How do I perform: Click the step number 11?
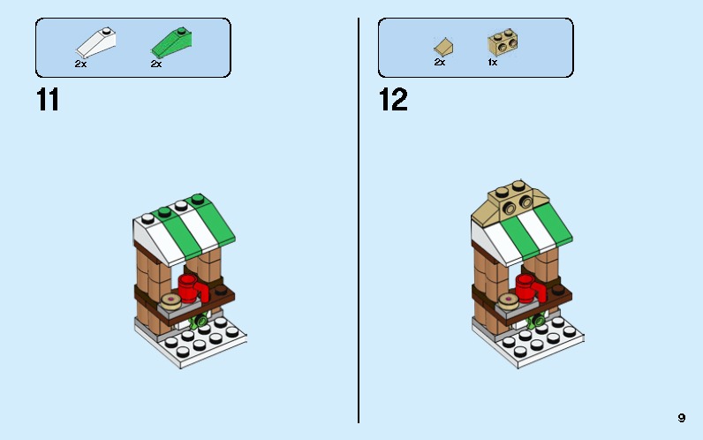click(x=48, y=99)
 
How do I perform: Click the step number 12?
click(x=393, y=99)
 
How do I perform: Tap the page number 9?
click(x=682, y=417)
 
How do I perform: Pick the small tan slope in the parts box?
click(x=443, y=44)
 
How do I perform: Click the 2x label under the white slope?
click(x=80, y=64)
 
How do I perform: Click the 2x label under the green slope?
click(x=155, y=64)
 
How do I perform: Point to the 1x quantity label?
click(x=492, y=63)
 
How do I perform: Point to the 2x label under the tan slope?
click(x=439, y=63)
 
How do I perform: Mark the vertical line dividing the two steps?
click(x=359, y=221)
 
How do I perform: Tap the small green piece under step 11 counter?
click(x=200, y=319)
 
